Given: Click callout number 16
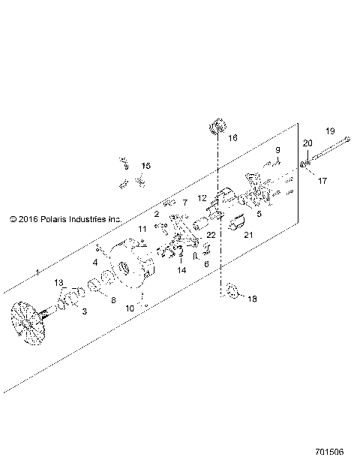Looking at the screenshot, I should point(232,138).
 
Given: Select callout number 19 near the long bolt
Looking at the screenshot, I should point(330,131).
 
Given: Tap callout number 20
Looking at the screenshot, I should point(307,143).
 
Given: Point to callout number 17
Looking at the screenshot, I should point(322,180).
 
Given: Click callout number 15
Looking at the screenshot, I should point(145,166).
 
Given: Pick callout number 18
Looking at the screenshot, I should point(251,298).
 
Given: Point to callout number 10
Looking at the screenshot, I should point(130,308).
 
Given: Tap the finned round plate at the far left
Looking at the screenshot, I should point(32,323).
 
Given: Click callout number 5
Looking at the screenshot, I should point(259,213).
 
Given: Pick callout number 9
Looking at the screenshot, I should point(277,150).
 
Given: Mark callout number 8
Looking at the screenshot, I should point(113,300).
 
